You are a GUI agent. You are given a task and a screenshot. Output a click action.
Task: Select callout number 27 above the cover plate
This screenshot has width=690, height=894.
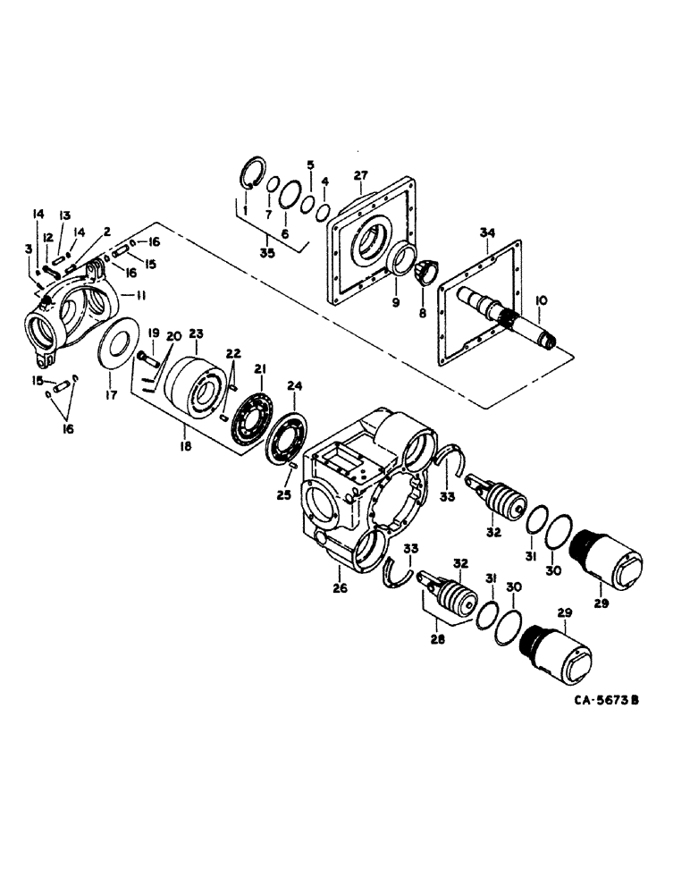pos(360,174)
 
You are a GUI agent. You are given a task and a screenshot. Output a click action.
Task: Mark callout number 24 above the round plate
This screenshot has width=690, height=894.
pos(294,385)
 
